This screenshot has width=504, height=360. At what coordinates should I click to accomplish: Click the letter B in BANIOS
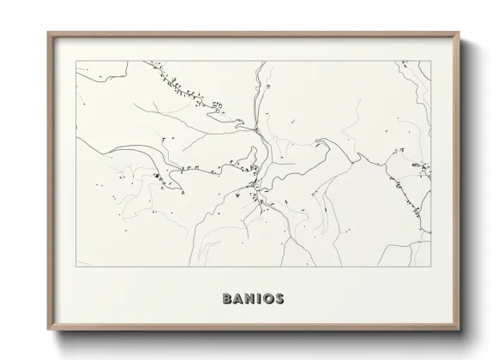click(x=227, y=299)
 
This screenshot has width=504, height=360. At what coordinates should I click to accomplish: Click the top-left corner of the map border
click(x=76, y=61)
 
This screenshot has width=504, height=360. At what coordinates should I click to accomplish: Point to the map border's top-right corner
click(x=431, y=61)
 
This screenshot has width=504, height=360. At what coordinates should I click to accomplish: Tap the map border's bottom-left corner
click(x=76, y=267)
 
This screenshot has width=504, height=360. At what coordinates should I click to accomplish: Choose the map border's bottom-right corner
click(x=431, y=267)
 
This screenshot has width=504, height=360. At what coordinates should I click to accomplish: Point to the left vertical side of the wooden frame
click(x=50, y=180)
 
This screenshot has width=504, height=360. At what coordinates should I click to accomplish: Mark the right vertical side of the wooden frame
click(x=458, y=180)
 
